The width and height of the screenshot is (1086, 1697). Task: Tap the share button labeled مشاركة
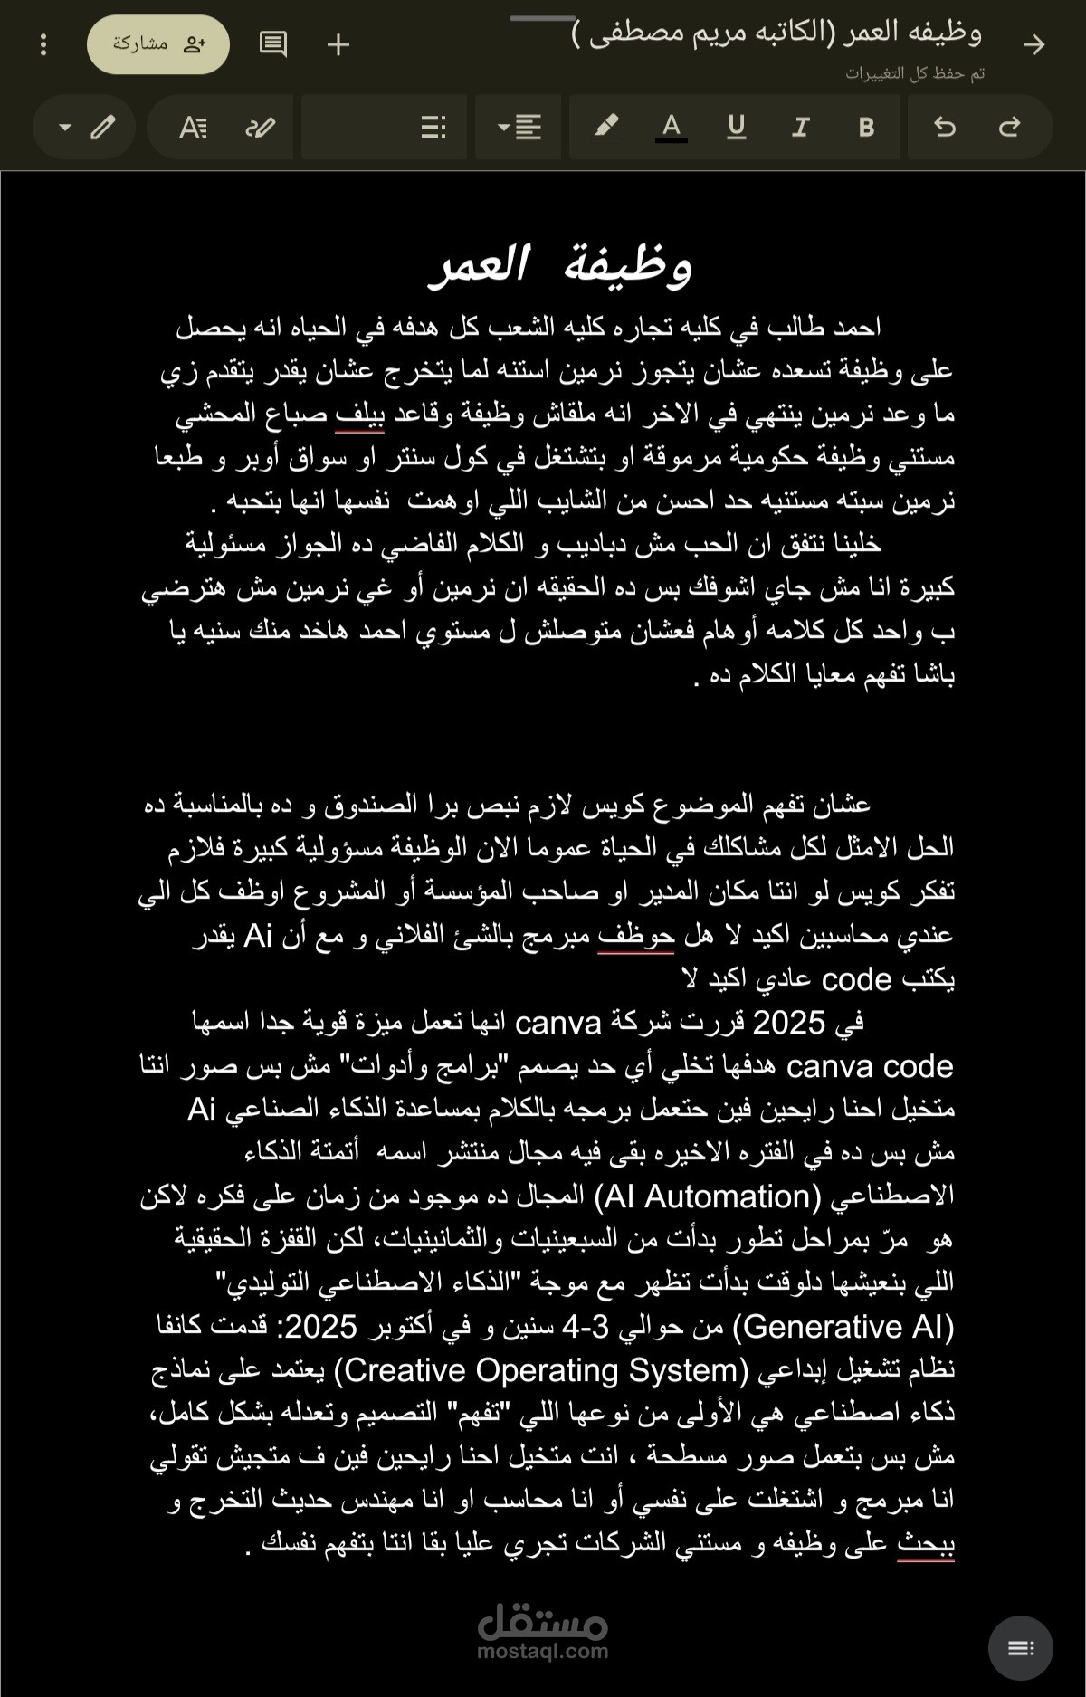coord(158,44)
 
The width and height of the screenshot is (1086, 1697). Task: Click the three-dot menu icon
coord(43,44)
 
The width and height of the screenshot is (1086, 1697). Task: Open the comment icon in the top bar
coord(272,44)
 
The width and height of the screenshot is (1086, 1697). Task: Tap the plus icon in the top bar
coord(338,44)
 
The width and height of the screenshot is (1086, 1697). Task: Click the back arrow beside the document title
coord(1034,44)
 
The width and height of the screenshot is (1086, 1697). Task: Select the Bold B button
coord(866,128)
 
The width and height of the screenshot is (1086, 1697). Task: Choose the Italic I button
coord(800,128)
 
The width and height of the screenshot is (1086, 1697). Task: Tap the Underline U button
coord(736,128)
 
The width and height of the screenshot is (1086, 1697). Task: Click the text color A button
coord(671,128)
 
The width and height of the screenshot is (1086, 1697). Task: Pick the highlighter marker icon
coord(606,127)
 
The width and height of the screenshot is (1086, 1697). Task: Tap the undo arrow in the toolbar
coord(944,128)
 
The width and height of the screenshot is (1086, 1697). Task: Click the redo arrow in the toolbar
coord(1009,128)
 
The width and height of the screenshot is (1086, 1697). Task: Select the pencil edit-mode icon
coord(103,128)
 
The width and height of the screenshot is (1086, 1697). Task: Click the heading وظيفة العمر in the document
coord(561,266)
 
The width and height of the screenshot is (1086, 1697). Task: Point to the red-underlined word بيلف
coord(359,415)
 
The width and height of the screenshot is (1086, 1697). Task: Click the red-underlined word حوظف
coord(635,936)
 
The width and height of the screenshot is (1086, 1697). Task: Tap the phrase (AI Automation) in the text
coord(707,1196)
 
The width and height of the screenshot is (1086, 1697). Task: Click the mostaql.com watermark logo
coord(542,1629)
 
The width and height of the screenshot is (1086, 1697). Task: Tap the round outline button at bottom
coord(1020,1648)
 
